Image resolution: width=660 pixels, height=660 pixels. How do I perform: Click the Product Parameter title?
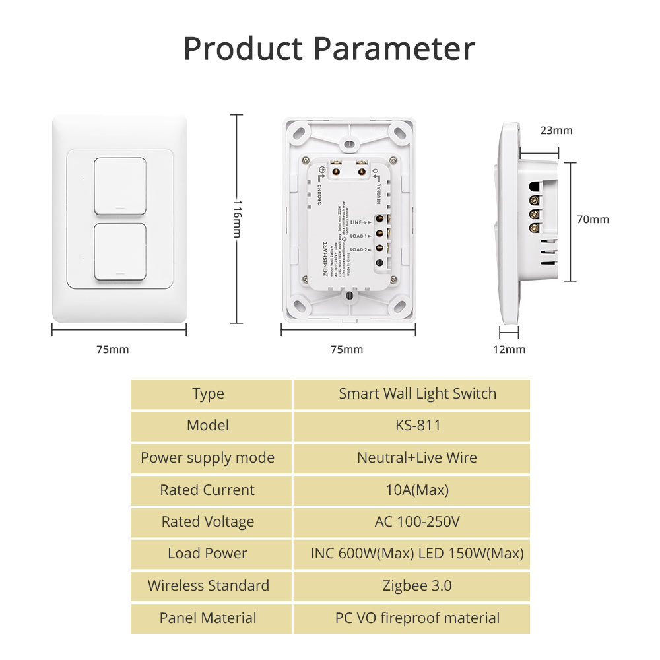coord(329,49)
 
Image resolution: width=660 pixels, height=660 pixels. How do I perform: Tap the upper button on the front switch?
coord(120,185)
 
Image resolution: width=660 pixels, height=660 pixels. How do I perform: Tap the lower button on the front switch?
coord(120,251)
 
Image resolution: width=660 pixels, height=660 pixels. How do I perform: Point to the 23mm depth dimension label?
coord(556,131)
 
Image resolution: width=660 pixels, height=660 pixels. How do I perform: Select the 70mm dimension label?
coord(593,220)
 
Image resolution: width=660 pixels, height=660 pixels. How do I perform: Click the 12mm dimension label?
coord(510,349)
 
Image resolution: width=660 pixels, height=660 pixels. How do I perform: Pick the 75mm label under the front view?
coord(113,349)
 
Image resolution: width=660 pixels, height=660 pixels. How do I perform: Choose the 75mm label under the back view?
coord(346,349)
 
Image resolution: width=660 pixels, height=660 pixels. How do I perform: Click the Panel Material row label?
coord(208,618)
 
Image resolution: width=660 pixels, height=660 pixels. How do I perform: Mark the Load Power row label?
coord(208,554)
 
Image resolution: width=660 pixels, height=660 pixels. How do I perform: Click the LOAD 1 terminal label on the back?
coord(359,235)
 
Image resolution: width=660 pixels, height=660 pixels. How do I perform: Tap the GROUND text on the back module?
coord(320,195)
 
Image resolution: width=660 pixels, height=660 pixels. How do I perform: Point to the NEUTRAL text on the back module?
coord(379,193)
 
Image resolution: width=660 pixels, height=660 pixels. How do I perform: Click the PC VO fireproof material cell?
coord(417,618)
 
